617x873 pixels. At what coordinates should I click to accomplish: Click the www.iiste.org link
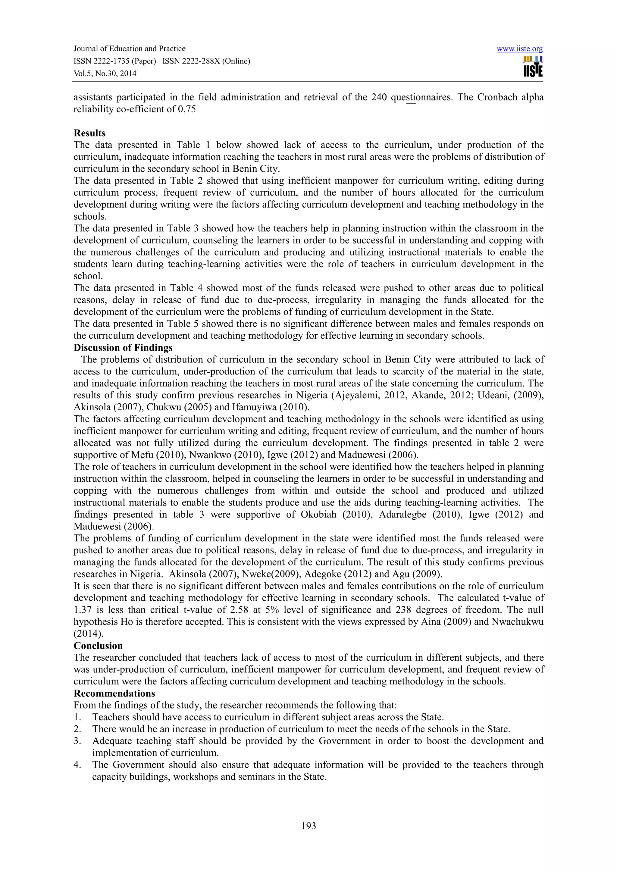(519, 49)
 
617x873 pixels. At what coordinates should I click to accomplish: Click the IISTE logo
(533, 67)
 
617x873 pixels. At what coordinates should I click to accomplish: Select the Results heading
(89, 133)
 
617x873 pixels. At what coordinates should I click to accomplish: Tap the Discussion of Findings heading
(123, 348)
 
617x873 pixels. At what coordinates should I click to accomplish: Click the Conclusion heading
(98, 646)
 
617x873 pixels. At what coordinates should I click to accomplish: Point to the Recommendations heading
(114, 693)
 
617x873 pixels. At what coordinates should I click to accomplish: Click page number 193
(308, 825)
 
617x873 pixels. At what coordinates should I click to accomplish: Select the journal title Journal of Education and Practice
(129, 49)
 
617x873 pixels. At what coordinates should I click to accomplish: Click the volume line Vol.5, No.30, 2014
(105, 74)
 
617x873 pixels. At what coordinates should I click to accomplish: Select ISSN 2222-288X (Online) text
(206, 61)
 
